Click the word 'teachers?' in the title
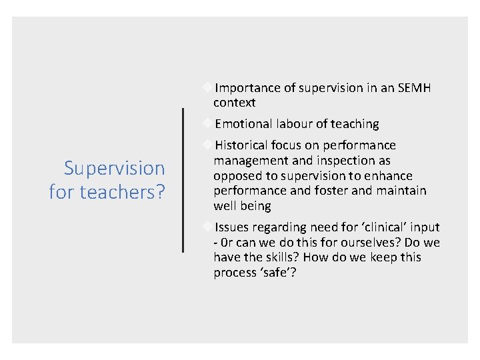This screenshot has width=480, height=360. coord(123,192)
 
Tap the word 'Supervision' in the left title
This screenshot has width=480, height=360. coord(114,168)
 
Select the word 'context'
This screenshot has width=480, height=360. coord(234,103)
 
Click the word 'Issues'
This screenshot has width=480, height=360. coord(233,227)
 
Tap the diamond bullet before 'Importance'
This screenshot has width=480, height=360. coord(209,87)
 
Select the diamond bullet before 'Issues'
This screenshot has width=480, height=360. coord(209,227)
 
